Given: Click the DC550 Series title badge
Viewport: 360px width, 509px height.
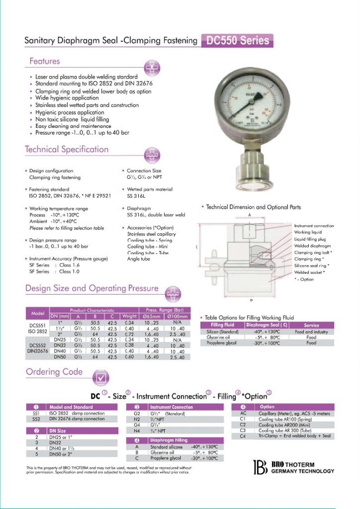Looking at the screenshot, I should (237, 41).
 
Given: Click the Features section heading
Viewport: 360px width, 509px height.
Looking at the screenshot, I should (44, 61).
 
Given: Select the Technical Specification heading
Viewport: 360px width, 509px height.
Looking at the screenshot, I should (67, 149).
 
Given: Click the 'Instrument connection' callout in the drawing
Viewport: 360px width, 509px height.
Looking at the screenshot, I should (314, 226).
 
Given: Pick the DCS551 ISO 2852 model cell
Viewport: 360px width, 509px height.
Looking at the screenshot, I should (37, 328).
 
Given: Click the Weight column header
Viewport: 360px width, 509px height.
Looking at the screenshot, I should (129, 316).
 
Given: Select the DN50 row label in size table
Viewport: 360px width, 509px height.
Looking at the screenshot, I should (60, 357).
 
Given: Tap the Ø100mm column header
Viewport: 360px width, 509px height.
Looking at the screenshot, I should (178, 316).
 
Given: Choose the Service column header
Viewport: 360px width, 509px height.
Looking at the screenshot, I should (311, 325).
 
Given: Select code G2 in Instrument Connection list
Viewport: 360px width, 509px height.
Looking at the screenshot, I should (137, 413).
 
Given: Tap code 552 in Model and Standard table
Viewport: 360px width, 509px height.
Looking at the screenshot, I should (36, 419).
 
